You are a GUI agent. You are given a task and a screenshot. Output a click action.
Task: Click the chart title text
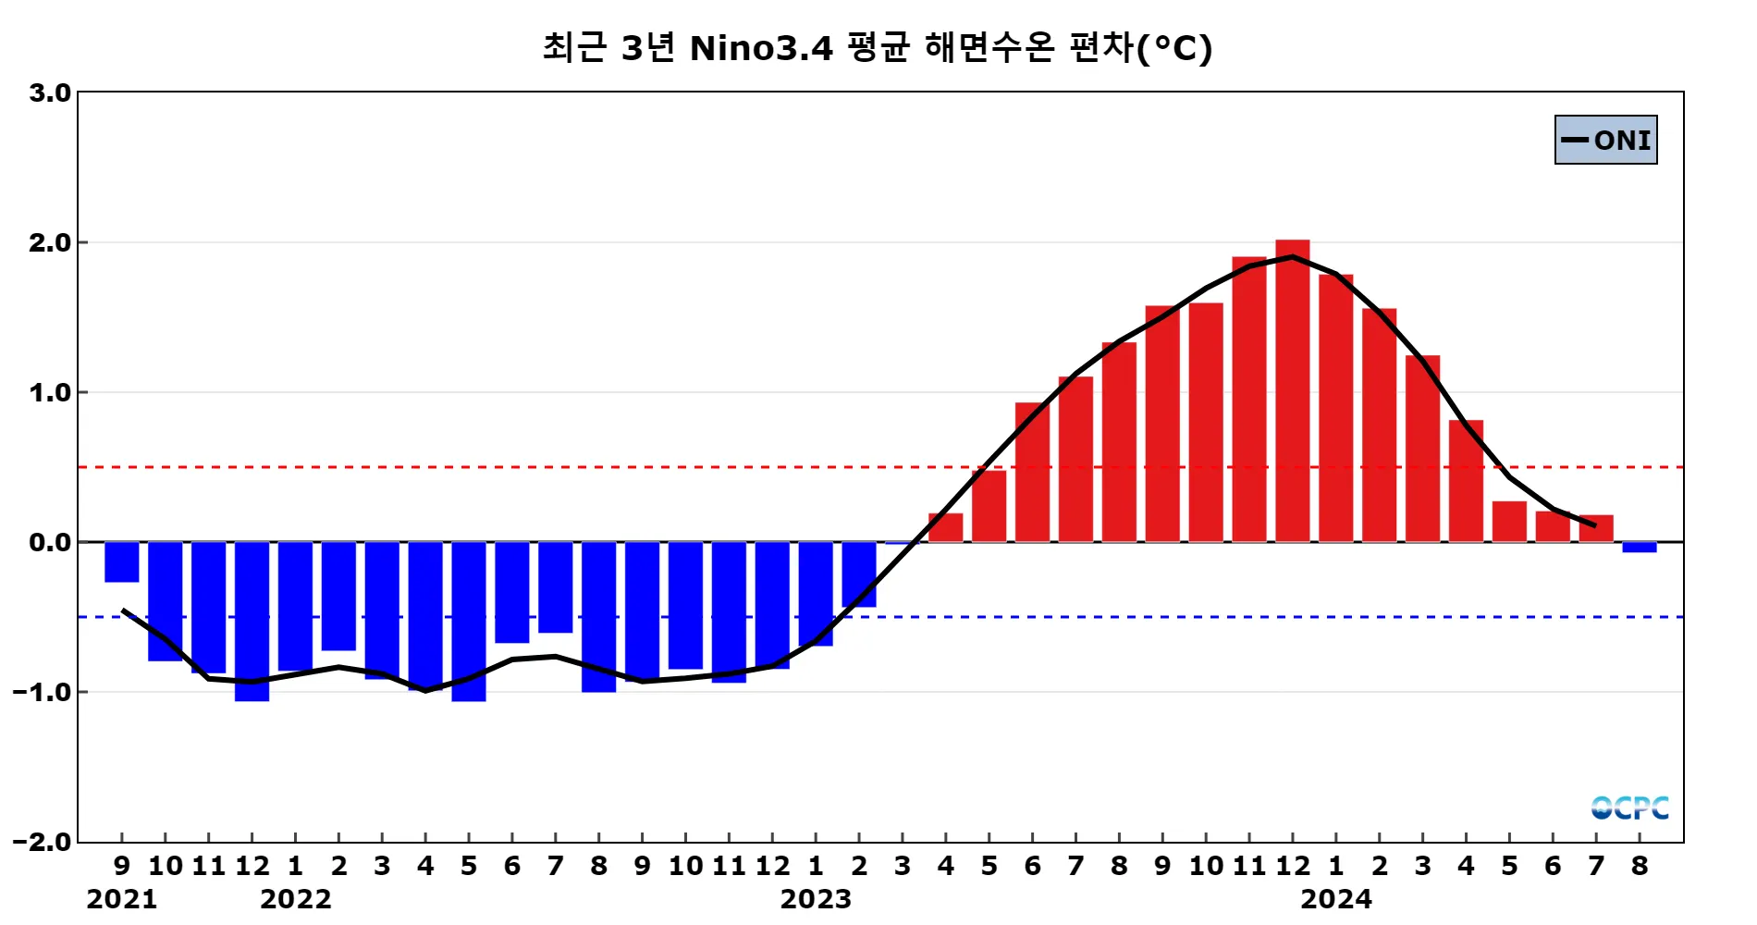pos(877,47)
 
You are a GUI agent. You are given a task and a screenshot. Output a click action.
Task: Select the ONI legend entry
pos(1606,140)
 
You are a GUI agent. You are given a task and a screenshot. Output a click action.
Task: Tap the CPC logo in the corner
pos(1629,808)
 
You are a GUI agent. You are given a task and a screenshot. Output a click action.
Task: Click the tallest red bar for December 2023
pos(1292,391)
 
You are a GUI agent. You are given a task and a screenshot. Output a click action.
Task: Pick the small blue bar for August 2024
pos(1639,547)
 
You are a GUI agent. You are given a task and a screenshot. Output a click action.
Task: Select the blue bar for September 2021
pos(122,561)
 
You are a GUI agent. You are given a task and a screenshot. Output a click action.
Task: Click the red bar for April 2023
pos(945,527)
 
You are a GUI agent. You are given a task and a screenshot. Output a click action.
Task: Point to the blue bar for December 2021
pos(252,621)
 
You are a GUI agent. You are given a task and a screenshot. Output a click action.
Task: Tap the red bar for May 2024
pos(1508,522)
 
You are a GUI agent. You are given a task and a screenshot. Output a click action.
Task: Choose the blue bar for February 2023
pos(859,573)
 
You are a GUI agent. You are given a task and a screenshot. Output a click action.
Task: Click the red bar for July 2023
pos(1075,459)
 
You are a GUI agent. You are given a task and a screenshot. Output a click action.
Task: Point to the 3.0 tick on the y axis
pos(50,92)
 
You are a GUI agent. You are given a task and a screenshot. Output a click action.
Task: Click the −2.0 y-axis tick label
pos(43,842)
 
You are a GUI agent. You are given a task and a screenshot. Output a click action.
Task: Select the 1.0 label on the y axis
pos(50,392)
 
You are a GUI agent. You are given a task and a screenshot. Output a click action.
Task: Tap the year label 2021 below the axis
pos(121,899)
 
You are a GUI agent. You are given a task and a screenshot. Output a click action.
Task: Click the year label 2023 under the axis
pos(815,899)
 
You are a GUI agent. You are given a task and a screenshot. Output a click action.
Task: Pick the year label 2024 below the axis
pos(1335,899)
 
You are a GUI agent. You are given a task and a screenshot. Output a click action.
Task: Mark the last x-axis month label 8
pos(1639,867)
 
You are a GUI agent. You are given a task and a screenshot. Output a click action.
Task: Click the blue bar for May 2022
pos(469,621)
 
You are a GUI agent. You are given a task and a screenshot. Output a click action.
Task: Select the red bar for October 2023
pos(1205,422)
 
